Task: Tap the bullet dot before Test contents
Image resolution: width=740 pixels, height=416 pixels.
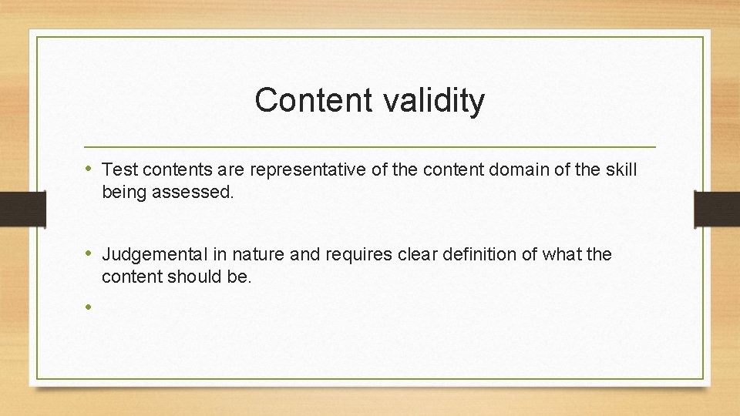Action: (x=90, y=168)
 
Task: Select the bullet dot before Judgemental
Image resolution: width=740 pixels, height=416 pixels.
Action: (x=90, y=253)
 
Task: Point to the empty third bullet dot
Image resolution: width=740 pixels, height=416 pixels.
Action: (x=90, y=307)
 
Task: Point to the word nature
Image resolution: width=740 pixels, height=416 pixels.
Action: (x=260, y=254)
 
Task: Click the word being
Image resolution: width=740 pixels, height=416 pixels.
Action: (x=125, y=191)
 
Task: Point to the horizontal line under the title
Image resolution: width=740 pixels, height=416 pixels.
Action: (x=370, y=146)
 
